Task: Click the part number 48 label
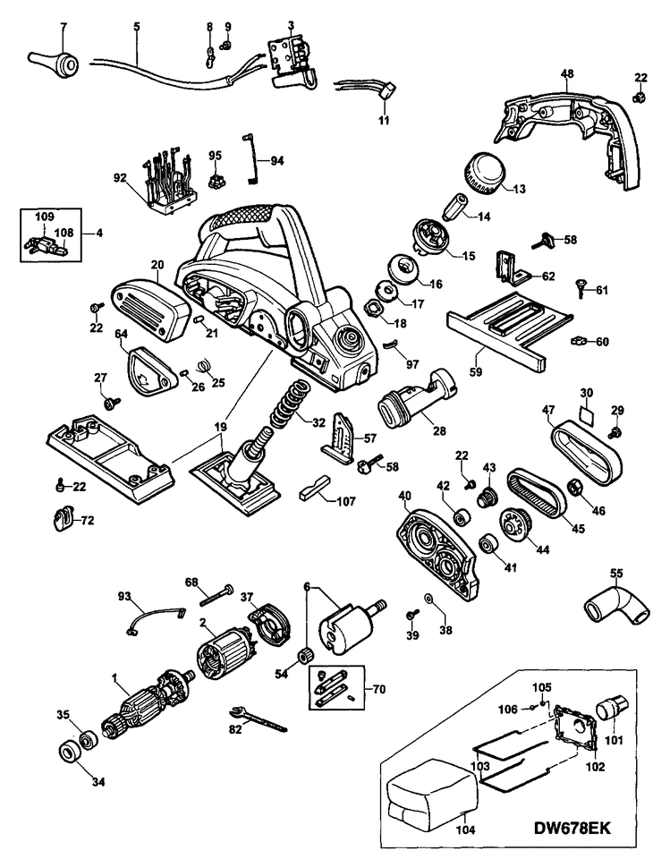(566, 75)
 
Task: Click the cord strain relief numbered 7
(54, 64)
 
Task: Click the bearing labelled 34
(69, 748)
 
